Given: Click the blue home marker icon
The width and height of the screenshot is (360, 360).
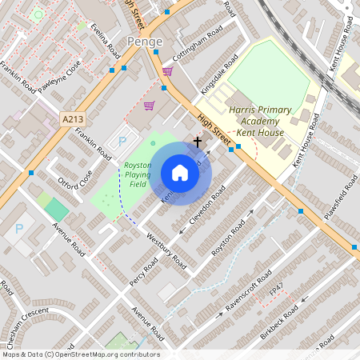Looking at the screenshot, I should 180,173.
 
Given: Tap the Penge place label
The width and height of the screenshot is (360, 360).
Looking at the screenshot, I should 145,41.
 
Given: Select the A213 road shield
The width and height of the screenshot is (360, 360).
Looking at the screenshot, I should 72,119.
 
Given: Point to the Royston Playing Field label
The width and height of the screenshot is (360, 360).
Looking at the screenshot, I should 138,174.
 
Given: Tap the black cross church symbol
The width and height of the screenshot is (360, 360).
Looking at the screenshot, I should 198,141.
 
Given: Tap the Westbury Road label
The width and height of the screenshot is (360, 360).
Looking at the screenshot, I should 168,253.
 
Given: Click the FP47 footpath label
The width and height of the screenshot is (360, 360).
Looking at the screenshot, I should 277,288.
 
